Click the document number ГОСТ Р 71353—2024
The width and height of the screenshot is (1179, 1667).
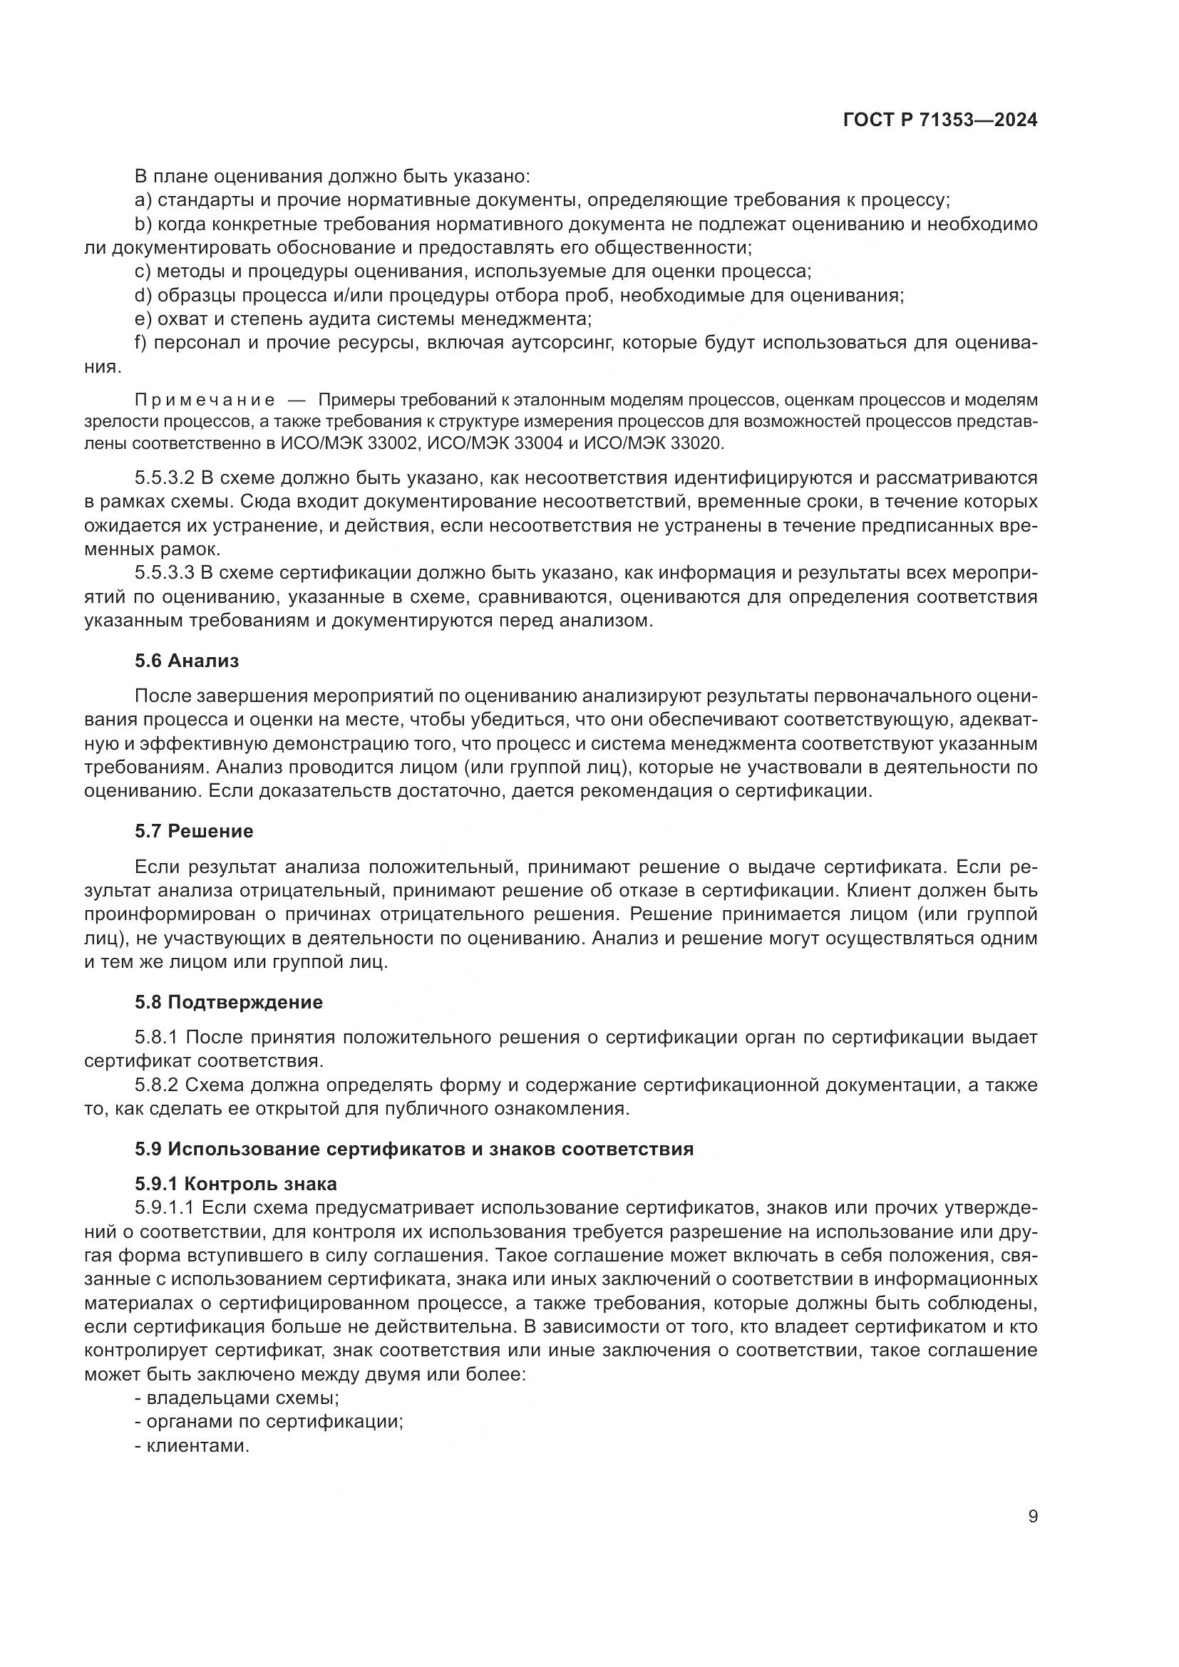(x=939, y=120)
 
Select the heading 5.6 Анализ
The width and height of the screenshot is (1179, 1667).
(x=187, y=661)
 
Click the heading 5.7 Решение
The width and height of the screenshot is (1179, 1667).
(x=194, y=831)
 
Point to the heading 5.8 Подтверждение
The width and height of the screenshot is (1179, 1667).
(x=228, y=1003)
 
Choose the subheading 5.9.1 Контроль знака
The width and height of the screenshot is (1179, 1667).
(x=235, y=1185)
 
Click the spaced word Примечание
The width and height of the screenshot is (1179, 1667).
(x=205, y=400)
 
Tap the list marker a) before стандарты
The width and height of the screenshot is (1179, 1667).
(x=143, y=200)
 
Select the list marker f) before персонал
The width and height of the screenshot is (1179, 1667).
(x=142, y=343)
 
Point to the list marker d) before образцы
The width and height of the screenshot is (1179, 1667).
(x=143, y=296)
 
